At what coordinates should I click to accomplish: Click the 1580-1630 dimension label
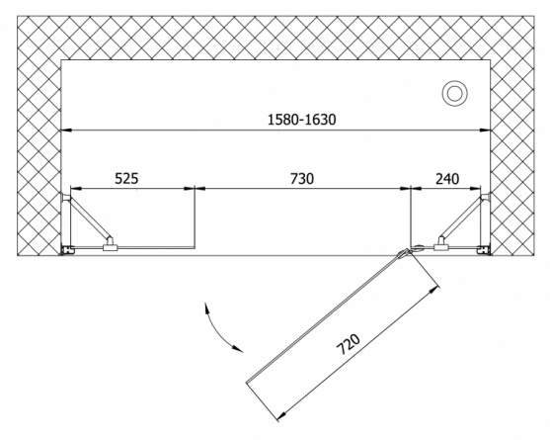301,120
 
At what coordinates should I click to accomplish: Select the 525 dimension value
126,179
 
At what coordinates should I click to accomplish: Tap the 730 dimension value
302,179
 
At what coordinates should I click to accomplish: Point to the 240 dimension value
447,179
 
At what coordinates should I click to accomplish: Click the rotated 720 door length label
349,344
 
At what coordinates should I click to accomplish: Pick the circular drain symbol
455,93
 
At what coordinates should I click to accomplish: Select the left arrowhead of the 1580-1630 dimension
66,131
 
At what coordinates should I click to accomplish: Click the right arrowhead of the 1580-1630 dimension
485,131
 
